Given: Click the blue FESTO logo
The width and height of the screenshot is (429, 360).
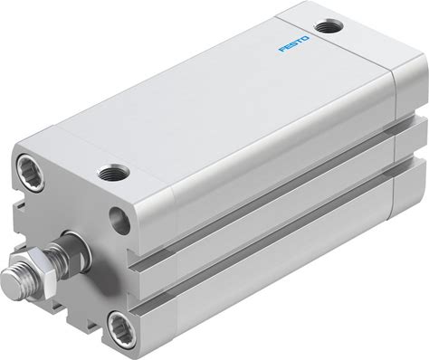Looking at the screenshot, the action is click(294, 44).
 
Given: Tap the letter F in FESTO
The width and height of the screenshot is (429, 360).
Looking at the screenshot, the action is click(282, 49).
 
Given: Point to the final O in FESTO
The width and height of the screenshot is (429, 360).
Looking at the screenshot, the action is click(305, 39).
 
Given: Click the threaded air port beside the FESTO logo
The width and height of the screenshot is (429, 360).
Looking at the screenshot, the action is click(329, 26).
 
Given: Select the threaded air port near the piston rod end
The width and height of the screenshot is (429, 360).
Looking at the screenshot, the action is click(113, 172).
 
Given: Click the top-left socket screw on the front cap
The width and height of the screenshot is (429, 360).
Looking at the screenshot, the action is click(31, 173).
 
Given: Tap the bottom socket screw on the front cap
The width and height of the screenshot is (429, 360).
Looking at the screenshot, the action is click(121, 329).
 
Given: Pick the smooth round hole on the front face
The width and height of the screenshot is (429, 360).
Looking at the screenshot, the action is click(119, 220).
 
